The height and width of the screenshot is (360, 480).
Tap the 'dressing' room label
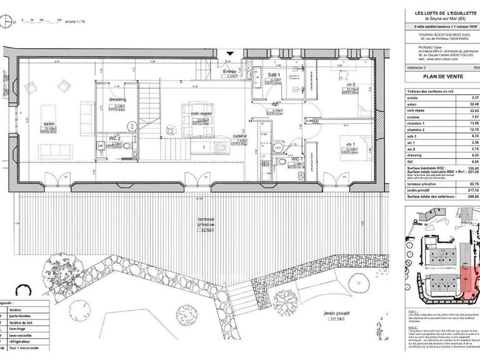pos(117,99)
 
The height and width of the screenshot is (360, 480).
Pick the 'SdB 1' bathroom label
pos(273,75)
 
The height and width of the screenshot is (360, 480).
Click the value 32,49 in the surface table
pos(474,104)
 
